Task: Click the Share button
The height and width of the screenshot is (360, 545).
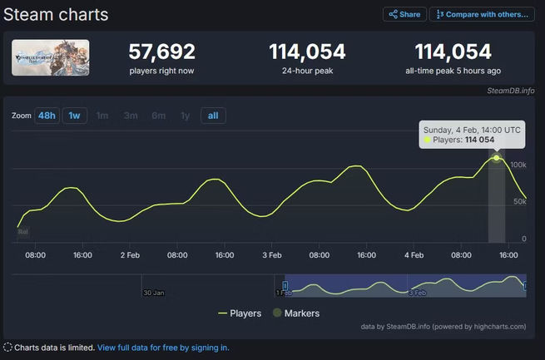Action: tap(404, 14)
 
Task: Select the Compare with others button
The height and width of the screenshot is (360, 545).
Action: tap(482, 14)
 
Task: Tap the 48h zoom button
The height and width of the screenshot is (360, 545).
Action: tap(47, 116)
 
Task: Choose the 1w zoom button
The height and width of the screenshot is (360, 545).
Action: tap(76, 116)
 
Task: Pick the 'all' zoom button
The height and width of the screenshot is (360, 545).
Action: tap(213, 116)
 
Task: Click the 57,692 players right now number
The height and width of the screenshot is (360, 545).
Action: tap(161, 52)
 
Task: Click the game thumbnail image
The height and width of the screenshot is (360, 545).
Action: tap(51, 57)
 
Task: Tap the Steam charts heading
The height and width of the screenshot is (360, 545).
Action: tap(56, 15)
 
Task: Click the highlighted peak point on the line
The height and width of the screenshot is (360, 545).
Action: tap(496, 157)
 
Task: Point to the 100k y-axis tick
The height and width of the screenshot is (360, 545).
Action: tap(518, 165)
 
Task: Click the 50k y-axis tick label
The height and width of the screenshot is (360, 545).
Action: tap(519, 203)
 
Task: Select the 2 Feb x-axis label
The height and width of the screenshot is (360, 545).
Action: tap(129, 255)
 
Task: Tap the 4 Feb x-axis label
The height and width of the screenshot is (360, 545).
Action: tap(414, 255)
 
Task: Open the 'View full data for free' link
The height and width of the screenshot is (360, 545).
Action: tap(163, 348)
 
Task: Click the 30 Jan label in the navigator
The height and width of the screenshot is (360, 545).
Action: tap(153, 293)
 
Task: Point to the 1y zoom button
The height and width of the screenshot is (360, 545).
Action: tap(185, 116)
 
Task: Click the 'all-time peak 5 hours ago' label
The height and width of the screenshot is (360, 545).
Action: tap(453, 71)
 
